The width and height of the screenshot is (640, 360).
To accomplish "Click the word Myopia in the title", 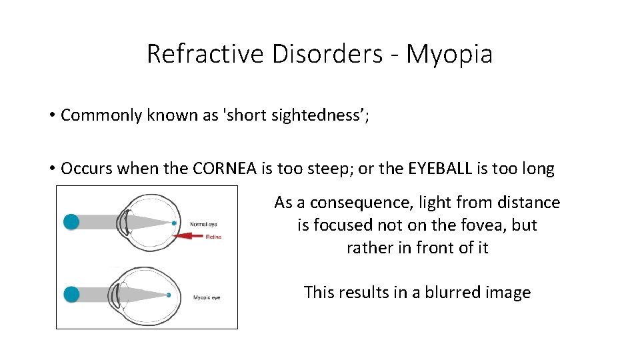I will coord(449,54).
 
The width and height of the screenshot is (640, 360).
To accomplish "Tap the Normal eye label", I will coord(203,224).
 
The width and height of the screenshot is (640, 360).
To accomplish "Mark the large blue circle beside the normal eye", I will coord(71,222).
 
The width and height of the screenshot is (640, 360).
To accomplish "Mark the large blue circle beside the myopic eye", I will coord(71,294).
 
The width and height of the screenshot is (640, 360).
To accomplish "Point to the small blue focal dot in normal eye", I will coord(174,223).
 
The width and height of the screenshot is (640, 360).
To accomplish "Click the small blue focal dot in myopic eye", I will coord(169,295).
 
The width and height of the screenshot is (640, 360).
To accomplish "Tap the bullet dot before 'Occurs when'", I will coord(51,169).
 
